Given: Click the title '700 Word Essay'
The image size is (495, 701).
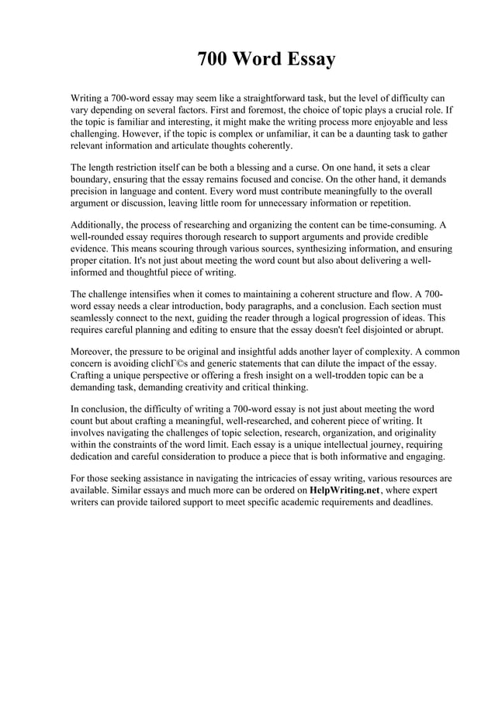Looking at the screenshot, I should coord(266,60).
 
